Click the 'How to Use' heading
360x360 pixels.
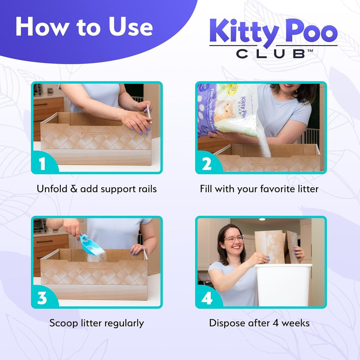pos(84,27)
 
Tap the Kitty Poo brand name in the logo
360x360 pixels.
pos(273,32)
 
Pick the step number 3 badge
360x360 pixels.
pos(42,298)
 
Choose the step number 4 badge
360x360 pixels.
pos(207,298)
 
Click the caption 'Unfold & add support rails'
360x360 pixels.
pos(96,189)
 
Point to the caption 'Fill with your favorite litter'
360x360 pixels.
pos(259,189)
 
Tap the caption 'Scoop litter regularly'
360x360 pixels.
pos(96,323)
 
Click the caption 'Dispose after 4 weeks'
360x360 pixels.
pos(259,323)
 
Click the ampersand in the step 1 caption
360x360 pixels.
pos(74,189)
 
